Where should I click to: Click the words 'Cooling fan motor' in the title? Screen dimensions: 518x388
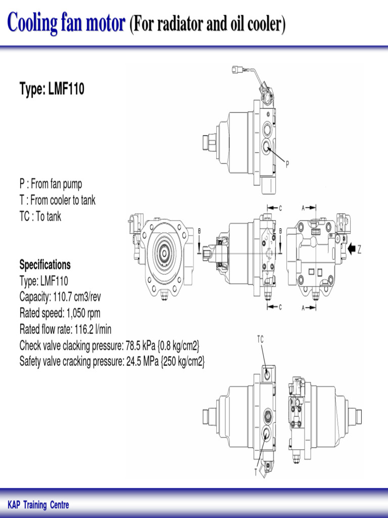tap(66, 24)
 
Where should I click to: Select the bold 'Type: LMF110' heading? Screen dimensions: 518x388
tap(52, 90)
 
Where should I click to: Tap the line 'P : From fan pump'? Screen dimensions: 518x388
tap(51, 184)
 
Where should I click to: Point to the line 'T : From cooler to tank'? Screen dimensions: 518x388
tap(57, 200)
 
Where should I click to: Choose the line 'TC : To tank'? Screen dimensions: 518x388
tap(40, 217)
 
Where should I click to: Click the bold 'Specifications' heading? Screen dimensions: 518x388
tap(45, 265)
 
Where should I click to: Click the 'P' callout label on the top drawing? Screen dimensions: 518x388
tap(287, 163)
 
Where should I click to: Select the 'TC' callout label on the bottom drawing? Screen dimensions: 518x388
tap(260, 340)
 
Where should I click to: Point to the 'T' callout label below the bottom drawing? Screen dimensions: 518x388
tap(256, 472)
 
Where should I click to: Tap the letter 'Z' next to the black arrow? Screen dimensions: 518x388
tap(360, 249)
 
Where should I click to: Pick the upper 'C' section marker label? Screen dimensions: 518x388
tap(280, 208)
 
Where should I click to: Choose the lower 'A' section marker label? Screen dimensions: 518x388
tap(303, 307)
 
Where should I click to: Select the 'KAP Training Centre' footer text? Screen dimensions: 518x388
tap(38, 505)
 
